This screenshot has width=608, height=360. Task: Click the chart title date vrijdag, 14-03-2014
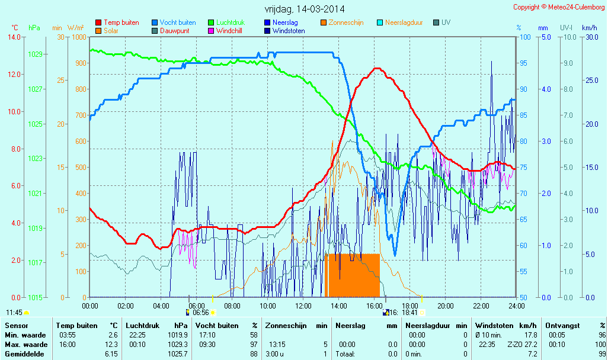(305, 9)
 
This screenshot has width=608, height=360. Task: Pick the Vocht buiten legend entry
(177, 22)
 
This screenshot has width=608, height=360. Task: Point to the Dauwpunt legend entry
(175, 31)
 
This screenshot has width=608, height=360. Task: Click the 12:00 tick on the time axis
(303, 306)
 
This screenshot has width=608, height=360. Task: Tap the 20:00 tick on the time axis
(445, 306)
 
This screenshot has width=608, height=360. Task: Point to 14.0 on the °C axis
(14, 37)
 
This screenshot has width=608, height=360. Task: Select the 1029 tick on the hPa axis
(35, 54)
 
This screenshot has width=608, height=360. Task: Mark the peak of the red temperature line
(376, 69)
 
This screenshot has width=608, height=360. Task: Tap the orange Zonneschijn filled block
(353, 275)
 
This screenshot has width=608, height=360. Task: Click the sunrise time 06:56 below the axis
(201, 312)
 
